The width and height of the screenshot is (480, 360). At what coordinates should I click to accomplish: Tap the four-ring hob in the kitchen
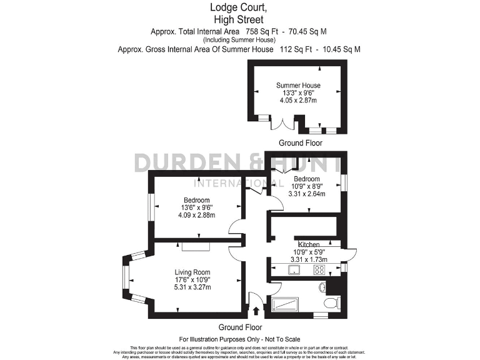319,270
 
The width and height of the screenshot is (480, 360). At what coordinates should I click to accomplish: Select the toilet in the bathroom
331,302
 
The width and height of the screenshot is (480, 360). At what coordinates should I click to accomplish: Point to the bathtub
286,304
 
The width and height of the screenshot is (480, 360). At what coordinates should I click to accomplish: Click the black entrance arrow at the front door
257,309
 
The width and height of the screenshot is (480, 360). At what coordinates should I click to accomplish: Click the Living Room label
192,271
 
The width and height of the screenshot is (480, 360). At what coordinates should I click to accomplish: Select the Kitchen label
309,244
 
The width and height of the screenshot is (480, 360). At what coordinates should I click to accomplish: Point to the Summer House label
298,86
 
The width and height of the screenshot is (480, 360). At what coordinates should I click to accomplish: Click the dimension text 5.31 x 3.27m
192,287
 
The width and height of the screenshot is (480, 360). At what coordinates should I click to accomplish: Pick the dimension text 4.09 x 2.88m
196,216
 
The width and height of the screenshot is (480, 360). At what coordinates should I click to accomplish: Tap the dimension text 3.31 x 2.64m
307,194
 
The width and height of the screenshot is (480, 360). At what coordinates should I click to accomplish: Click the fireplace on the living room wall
196,246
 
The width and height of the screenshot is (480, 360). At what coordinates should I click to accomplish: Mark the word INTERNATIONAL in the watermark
231,183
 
